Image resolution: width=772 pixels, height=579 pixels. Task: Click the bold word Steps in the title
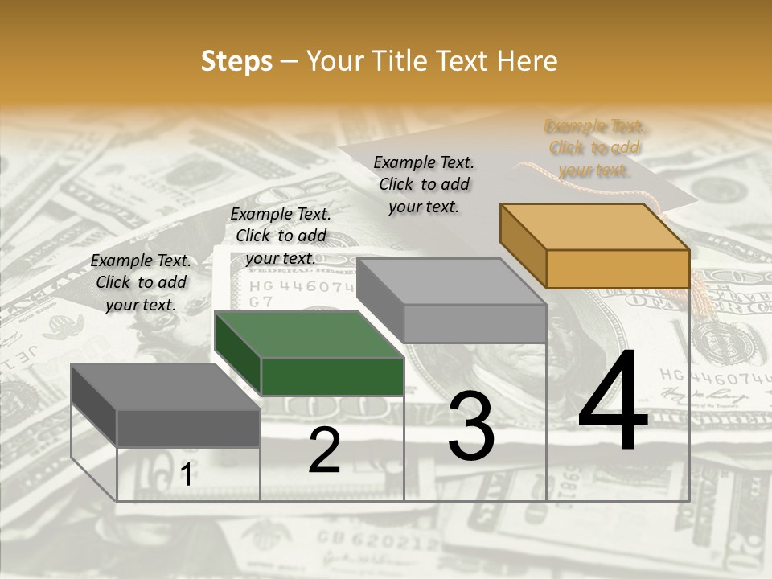(236, 61)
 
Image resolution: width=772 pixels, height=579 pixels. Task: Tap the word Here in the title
(527, 61)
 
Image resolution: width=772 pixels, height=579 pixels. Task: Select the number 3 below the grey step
(470, 425)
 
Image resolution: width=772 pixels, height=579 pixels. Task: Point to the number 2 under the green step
(324, 450)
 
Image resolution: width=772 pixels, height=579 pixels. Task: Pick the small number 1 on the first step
(186, 475)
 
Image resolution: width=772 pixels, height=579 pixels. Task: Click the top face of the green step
(309, 335)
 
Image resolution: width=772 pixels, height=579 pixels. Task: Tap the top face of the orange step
(594, 227)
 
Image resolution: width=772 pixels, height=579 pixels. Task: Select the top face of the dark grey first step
(166, 387)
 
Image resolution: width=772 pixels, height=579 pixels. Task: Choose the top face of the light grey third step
(451, 281)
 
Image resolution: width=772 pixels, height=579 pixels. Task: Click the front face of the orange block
(618, 269)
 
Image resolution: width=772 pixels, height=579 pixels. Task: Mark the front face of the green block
(332, 376)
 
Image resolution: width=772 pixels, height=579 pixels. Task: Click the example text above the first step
(141, 283)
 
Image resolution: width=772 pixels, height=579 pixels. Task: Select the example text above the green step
(281, 236)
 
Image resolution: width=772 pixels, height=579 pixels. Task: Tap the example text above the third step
(424, 184)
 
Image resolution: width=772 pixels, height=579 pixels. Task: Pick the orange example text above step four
(593, 148)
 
